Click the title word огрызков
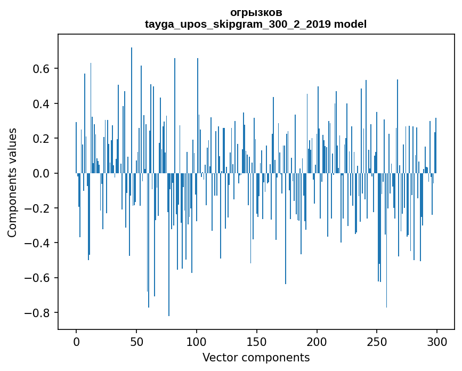click(x=256, y=12)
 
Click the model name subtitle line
click(x=256, y=24)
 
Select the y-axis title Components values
click(x=12, y=182)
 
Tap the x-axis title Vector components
click(x=256, y=357)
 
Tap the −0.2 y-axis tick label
click(x=38, y=208)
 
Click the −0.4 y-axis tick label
click(x=38, y=243)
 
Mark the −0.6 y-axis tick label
click(x=38, y=278)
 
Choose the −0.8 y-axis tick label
click(x=38, y=313)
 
